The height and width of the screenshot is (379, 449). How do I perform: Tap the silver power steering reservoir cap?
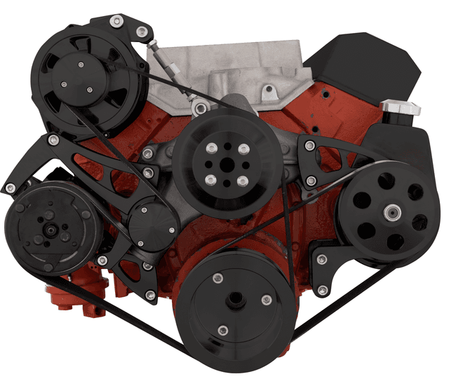coord(401,109)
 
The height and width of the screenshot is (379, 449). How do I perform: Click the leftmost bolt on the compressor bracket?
coord(11,188)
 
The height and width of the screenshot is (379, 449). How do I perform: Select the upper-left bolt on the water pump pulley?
coord(209,149)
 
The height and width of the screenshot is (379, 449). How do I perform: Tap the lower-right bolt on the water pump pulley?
coord(242,181)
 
